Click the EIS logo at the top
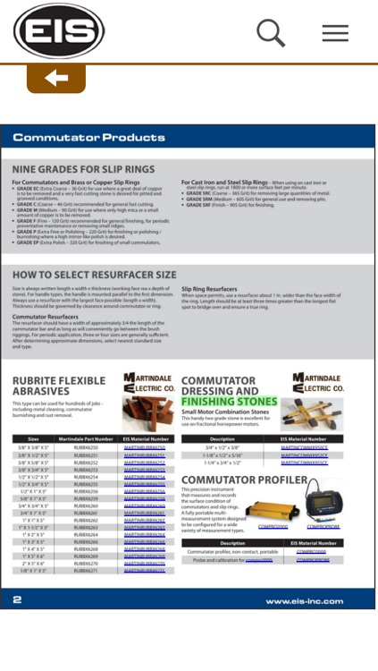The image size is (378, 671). [59, 32]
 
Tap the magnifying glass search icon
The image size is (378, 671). [271, 33]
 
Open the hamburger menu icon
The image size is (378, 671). [335, 33]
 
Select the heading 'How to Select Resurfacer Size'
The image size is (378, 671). [94, 275]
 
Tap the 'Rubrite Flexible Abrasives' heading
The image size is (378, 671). [58, 386]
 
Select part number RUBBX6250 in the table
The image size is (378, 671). [87, 447]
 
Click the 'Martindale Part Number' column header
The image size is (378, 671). [87, 439]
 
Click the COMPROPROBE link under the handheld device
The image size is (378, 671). [323, 527]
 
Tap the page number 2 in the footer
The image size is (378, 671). [17, 600]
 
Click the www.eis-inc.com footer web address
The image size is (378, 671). [304, 601]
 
